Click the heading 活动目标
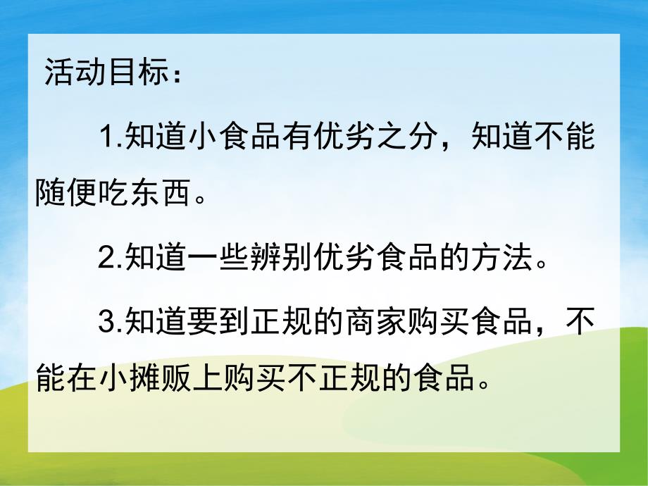(x=99, y=73)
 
